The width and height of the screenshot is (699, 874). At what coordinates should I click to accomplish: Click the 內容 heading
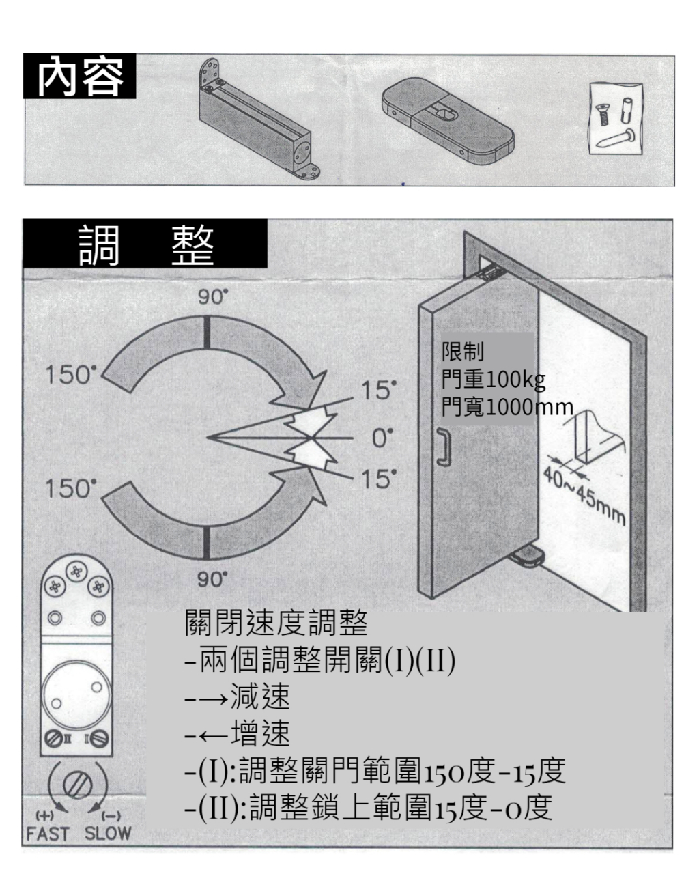pyautogui.click(x=80, y=76)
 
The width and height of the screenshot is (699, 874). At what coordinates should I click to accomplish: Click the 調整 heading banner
pyautogui.click(x=145, y=244)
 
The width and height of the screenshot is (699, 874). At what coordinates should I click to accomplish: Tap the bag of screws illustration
pyautogui.click(x=616, y=118)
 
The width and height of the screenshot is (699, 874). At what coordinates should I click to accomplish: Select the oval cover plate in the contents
pyautogui.click(x=448, y=121)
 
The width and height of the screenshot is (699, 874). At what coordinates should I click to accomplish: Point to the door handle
pyautogui.click(x=444, y=446)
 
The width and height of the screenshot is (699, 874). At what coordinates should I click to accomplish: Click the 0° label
pyautogui.click(x=382, y=438)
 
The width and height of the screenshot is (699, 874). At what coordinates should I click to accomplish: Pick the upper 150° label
pyautogui.click(x=71, y=374)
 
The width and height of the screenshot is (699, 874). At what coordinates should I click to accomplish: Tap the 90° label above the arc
pyautogui.click(x=213, y=297)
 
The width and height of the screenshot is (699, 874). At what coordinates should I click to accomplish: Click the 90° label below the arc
pyautogui.click(x=212, y=579)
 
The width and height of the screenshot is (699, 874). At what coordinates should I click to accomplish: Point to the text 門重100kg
pyautogui.click(x=494, y=380)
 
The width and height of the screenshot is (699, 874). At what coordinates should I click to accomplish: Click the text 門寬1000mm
pyautogui.click(x=507, y=406)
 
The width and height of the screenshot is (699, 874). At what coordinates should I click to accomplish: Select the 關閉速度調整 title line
pyautogui.click(x=276, y=623)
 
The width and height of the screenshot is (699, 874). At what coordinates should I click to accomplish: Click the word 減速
pyautogui.click(x=260, y=696)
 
